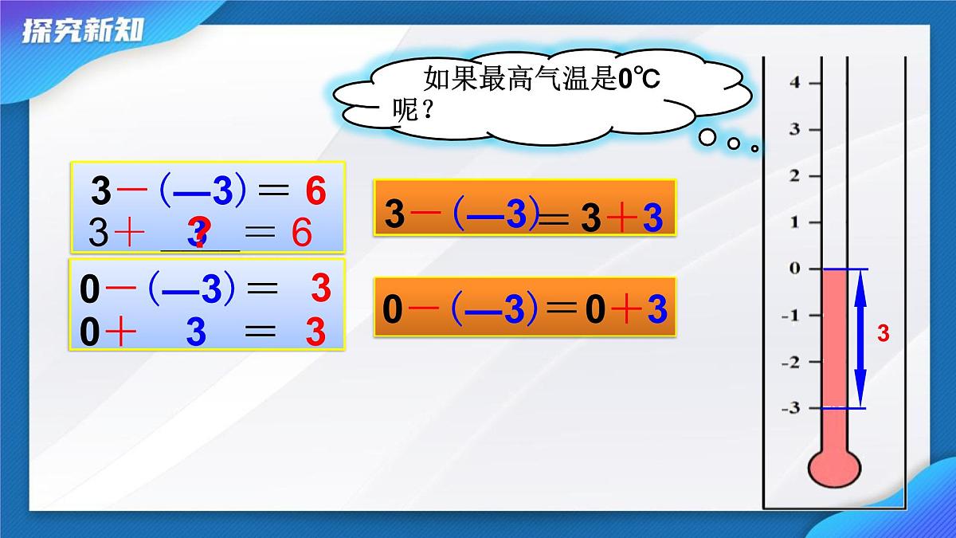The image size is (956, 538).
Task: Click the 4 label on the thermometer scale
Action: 793,82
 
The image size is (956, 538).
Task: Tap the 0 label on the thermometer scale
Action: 793,269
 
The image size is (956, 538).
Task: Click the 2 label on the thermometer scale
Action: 793,175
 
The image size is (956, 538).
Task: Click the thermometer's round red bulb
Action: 834,468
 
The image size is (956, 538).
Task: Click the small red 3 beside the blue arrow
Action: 883,333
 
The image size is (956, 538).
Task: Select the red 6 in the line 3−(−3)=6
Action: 315,191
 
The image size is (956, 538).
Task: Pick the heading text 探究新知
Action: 83,30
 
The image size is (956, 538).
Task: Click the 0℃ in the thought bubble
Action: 640,78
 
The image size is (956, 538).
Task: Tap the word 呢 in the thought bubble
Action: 406,108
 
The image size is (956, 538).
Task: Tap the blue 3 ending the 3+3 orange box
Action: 652,219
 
